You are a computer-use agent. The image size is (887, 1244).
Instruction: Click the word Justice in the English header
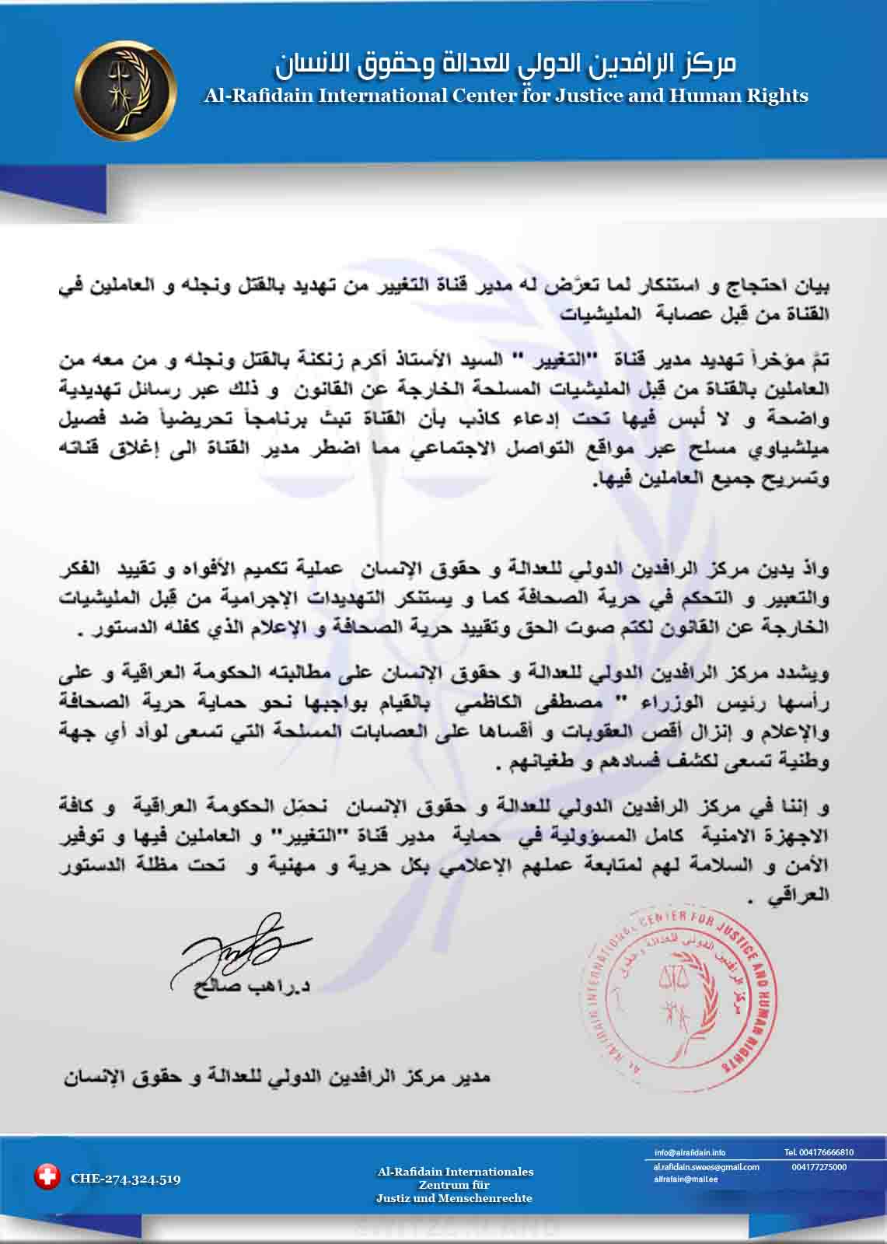[x=548, y=96]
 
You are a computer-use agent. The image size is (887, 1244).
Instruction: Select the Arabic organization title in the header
[x=505, y=65]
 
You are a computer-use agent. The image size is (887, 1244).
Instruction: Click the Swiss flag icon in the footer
[x=47, y=1177]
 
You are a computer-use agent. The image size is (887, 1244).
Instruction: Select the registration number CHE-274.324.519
[x=125, y=1179]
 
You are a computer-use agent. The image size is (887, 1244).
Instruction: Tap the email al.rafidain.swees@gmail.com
[x=706, y=1167]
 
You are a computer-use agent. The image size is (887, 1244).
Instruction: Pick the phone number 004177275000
[x=819, y=1167]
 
